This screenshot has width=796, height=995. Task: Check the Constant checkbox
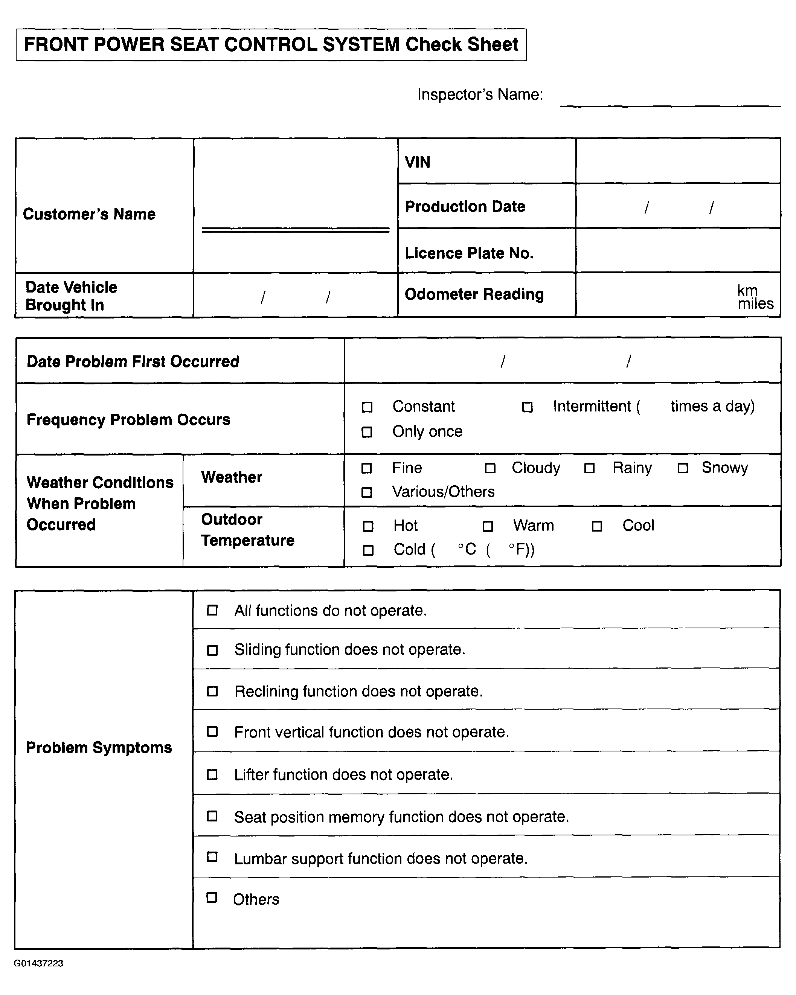(x=367, y=407)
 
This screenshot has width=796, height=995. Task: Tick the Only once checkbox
(x=367, y=432)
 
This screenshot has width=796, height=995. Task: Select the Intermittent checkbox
(x=527, y=407)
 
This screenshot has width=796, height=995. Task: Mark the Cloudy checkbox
(x=490, y=468)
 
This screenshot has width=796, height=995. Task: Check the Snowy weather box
(x=683, y=468)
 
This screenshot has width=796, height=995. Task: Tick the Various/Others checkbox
(x=367, y=492)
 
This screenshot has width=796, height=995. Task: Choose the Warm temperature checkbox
(x=488, y=527)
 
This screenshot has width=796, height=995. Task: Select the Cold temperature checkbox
(x=368, y=550)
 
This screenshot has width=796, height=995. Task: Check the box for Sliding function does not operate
(x=212, y=650)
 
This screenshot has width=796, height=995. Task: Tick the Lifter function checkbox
(x=212, y=774)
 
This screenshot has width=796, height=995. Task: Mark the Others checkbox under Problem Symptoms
(x=212, y=897)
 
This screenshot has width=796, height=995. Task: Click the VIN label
(x=418, y=163)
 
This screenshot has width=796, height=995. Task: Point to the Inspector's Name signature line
(x=670, y=106)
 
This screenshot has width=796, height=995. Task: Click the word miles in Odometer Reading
(x=755, y=304)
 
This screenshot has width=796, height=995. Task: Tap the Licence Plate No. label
(x=469, y=253)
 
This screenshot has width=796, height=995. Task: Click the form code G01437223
(x=38, y=964)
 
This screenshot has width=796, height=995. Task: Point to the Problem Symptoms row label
(x=99, y=748)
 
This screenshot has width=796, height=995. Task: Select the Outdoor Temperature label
(x=247, y=530)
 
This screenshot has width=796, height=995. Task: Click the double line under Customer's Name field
(x=296, y=230)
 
